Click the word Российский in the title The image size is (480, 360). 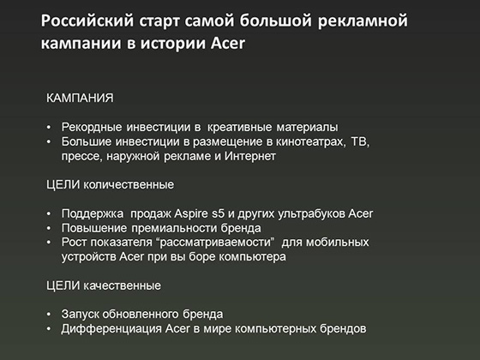87,21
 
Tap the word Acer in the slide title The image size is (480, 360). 228,43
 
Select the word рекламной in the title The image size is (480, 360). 363,21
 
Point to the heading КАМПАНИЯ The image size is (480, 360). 80,98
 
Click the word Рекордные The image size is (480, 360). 92,127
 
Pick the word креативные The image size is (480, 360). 239,127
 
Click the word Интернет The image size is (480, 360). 250,156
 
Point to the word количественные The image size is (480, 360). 129,185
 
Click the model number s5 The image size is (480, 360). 219,213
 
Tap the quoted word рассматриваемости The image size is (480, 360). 215,242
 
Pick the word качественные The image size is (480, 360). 122,285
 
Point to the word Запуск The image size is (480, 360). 80,314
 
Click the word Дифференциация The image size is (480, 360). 111,329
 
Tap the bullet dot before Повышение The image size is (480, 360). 49,228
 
